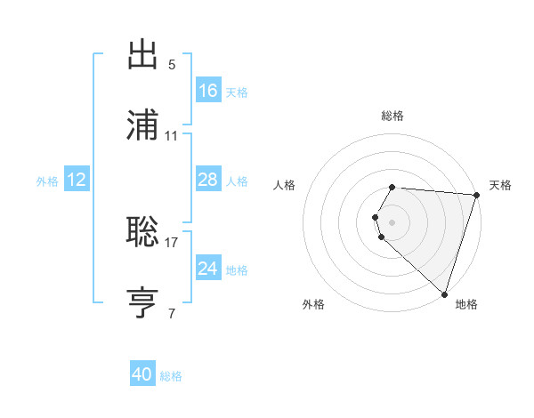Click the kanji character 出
coord(143,56)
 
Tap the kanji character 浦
coord(143,125)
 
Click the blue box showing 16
coord(208,91)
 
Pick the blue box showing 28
coord(208,180)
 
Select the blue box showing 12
coord(77,181)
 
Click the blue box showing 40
coord(142,374)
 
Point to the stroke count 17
coord(172,241)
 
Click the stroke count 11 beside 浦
coord(172,135)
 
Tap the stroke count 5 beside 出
coord(172,64)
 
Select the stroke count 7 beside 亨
coord(172,312)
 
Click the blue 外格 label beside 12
coord(47,181)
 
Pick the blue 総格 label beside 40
coord(171,376)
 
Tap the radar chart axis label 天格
coord(500,185)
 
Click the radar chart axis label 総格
coord(392,116)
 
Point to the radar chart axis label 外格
coord(313,304)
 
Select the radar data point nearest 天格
coord(476,194)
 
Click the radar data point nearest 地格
coord(444,293)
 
